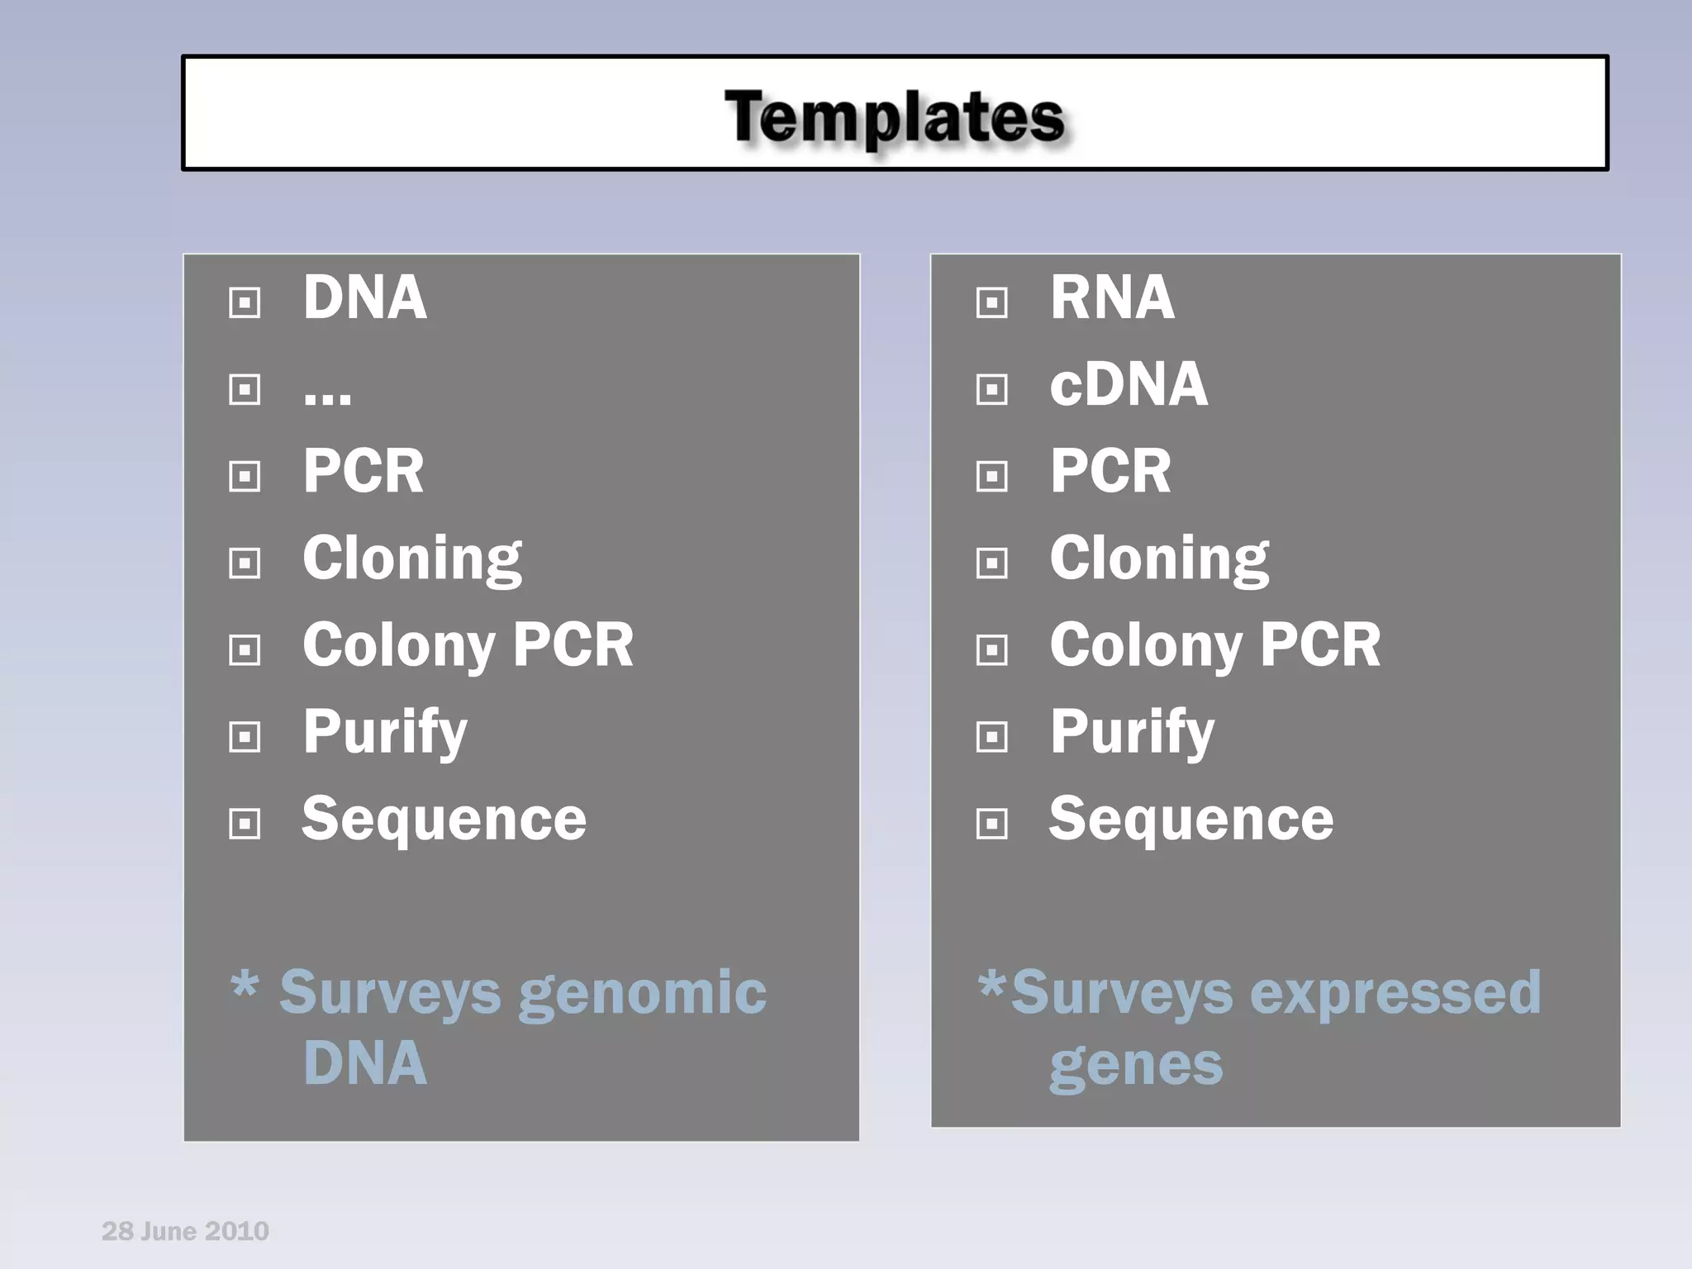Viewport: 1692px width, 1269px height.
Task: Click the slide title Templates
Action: [895, 116]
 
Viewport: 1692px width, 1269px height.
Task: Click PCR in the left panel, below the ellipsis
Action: [363, 471]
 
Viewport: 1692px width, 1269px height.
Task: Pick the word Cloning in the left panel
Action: [411, 559]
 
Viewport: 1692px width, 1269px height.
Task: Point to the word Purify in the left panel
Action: [384, 733]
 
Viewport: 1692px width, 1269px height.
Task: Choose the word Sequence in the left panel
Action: [444, 819]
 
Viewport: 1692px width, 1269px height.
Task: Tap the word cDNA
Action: [1128, 385]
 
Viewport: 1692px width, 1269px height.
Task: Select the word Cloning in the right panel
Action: [1158, 559]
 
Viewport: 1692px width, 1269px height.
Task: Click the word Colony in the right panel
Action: [1144, 645]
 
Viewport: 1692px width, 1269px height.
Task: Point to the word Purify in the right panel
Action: [1131, 733]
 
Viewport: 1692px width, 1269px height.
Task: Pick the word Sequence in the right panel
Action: [1191, 819]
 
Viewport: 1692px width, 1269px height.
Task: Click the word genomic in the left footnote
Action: [642, 993]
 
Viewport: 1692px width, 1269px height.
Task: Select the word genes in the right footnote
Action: [1135, 1066]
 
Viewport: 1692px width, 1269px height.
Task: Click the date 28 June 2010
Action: [185, 1231]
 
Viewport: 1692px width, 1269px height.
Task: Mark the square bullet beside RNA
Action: [991, 302]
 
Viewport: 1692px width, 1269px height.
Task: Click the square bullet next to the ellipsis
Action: [245, 389]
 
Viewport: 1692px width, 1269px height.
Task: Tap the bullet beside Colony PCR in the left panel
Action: [245, 650]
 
